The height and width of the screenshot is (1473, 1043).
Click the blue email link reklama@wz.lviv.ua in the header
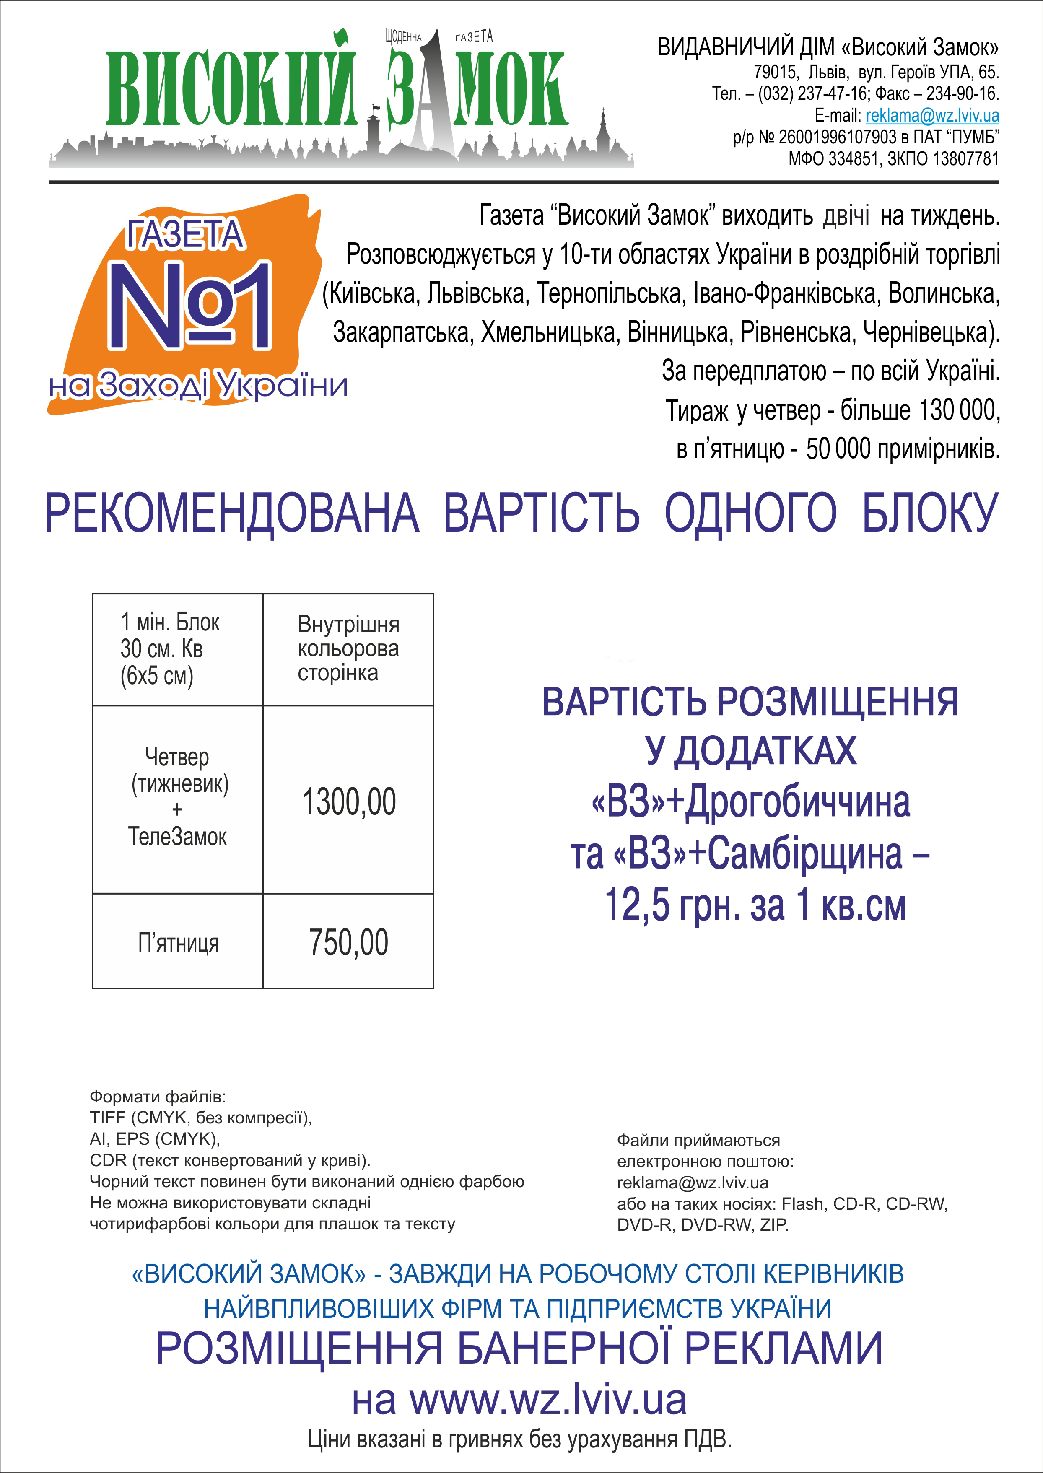[932, 116]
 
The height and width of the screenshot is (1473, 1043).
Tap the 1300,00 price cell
[349, 801]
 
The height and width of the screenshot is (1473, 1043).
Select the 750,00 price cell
[349, 942]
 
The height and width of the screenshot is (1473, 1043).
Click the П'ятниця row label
[178, 943]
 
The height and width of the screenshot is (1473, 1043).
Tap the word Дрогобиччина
[798, 802]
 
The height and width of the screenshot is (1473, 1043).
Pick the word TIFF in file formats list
[107, 1118]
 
